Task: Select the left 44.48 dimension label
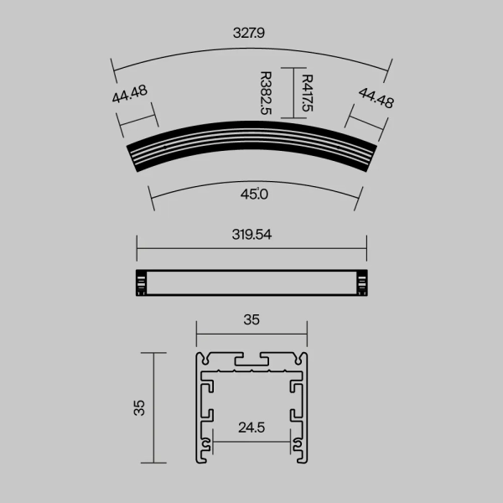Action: coord(130,94)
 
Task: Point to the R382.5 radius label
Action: coord(266,94)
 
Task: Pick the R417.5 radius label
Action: coord(307,94)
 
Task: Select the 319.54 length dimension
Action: coord(252,235)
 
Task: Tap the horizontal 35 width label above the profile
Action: coord(251,319)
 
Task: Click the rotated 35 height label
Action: coord(140,407)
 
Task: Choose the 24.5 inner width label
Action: coord(251,428)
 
